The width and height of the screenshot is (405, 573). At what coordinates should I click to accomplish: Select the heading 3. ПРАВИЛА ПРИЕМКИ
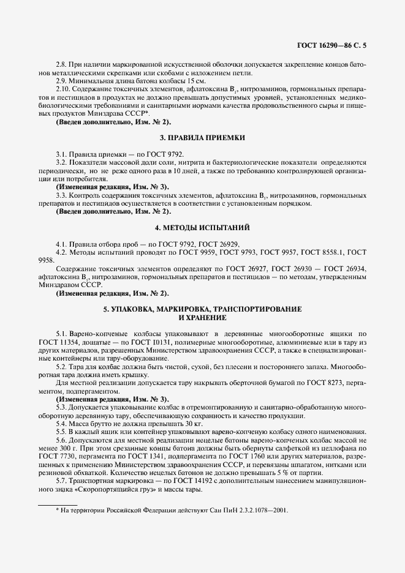[x=202, y=138]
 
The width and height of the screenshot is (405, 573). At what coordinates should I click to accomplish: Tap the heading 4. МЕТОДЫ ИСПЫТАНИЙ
[x=202, y=228]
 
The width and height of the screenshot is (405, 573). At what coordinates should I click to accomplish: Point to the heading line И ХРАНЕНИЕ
[x=202, y=318]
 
